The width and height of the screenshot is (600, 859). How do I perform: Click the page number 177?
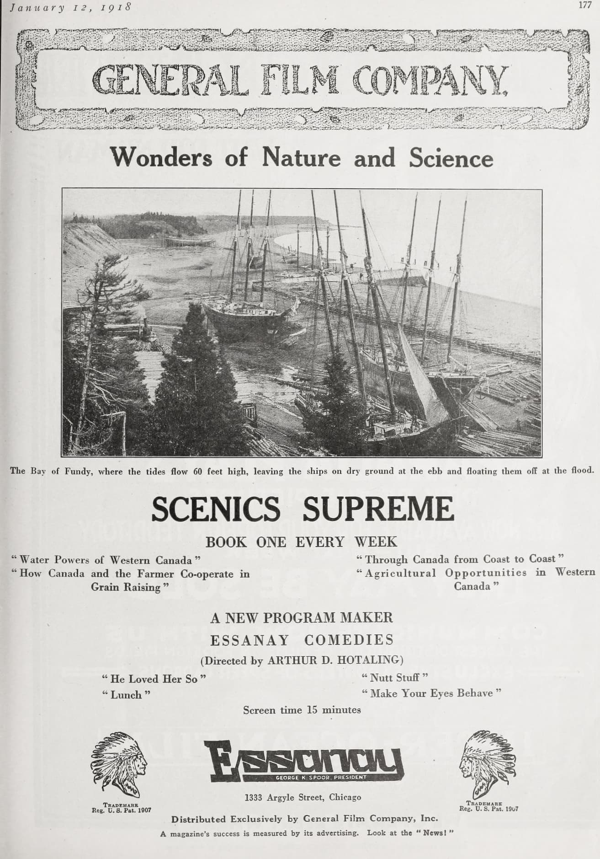585,6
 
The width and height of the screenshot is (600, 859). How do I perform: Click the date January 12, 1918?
71,7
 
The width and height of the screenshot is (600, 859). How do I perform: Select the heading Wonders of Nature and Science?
302,158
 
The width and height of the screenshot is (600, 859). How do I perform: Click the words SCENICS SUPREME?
303,509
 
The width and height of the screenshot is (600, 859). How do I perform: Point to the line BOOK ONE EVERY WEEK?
301,542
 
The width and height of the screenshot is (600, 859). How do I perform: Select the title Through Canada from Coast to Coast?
461,559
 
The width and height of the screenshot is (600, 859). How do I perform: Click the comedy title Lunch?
126,695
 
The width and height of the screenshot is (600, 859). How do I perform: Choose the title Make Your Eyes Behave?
431,693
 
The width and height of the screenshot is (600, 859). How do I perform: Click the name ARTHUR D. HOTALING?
334,660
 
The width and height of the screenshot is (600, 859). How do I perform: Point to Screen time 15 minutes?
302,710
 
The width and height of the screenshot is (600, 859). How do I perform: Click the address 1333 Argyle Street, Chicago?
303,797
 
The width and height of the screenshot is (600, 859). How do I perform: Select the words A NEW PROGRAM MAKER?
301,617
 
